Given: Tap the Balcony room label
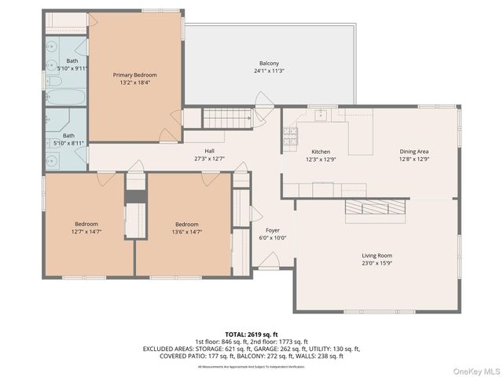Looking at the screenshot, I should click(x=269, y=64).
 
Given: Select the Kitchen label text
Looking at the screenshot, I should click(x=321, y=152).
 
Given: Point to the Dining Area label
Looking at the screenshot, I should click(x=413, y=152).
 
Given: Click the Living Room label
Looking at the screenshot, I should click(x=376, y=255).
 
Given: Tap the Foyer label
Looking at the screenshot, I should click(x=272, y=230).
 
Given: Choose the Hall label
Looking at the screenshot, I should click(x=209, y=151).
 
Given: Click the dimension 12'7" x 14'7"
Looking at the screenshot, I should click(x=86, y=231).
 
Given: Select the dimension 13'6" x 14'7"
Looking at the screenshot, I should click(x=187, y=231).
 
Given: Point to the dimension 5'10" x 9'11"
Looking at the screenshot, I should click(x=72, y=68).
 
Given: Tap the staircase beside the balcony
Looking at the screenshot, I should click(x=226, y=119).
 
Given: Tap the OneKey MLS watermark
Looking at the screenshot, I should click(x=474, y=370).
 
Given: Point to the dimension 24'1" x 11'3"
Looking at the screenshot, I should click(x=269, y=71).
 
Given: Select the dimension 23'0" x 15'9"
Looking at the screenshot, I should click(x=376, y=263).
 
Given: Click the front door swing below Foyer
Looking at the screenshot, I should click(x=270, y=260).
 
